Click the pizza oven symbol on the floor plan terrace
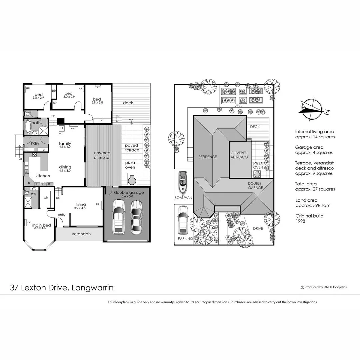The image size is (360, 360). pos(132,180)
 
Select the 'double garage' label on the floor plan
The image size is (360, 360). pos(129,192)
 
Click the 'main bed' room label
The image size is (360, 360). pos(41,225)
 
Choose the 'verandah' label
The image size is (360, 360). pos(81,234)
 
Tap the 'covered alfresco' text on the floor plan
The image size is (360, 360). pos(102,155)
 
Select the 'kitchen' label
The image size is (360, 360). pos(43,176)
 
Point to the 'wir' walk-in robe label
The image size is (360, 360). pos(46,197)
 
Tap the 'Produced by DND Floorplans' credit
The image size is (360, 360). pos(323,287)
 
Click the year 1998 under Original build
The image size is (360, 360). pos(300,221)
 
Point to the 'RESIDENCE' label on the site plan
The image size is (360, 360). pos(207,157)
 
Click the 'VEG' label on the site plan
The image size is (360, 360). pos(238,106)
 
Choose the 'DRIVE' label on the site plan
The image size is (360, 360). pos(258,229)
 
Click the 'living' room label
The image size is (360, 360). pos(80,204)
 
